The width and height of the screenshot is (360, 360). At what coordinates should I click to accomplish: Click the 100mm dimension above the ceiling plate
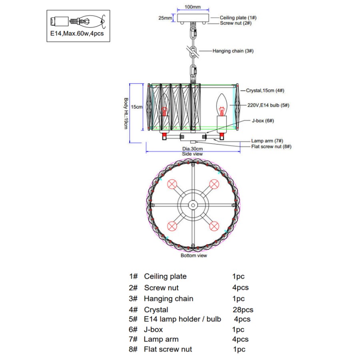(193, 7)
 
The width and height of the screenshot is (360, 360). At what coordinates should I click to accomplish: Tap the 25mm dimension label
(164, 18)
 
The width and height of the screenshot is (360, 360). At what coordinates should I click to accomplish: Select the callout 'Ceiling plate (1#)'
(238, 18)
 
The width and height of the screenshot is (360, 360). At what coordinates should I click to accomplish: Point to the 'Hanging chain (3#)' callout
(233, 51)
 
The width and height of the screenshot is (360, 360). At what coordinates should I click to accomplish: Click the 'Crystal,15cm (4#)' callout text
(265, 91)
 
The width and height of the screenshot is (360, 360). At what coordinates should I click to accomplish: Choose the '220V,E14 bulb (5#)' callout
(268, 105)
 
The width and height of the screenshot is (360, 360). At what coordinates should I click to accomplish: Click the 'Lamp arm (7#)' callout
(267, 141)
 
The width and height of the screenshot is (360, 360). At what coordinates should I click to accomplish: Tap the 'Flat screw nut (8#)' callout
(271, 146)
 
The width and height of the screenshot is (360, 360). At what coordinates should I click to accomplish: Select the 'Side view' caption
(192, 154)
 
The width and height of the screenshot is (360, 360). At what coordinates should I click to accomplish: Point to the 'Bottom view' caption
(194, 255)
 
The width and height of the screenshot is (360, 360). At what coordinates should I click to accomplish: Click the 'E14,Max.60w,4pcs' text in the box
(77, 34)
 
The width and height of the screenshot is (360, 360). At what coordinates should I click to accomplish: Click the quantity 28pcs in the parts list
(243, 310)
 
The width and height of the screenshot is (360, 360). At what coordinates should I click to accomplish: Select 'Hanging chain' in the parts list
(168, 298)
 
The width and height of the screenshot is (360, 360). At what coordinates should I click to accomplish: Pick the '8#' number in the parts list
(133, 349)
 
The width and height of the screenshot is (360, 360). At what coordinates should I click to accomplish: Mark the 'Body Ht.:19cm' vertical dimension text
(125, 114)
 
